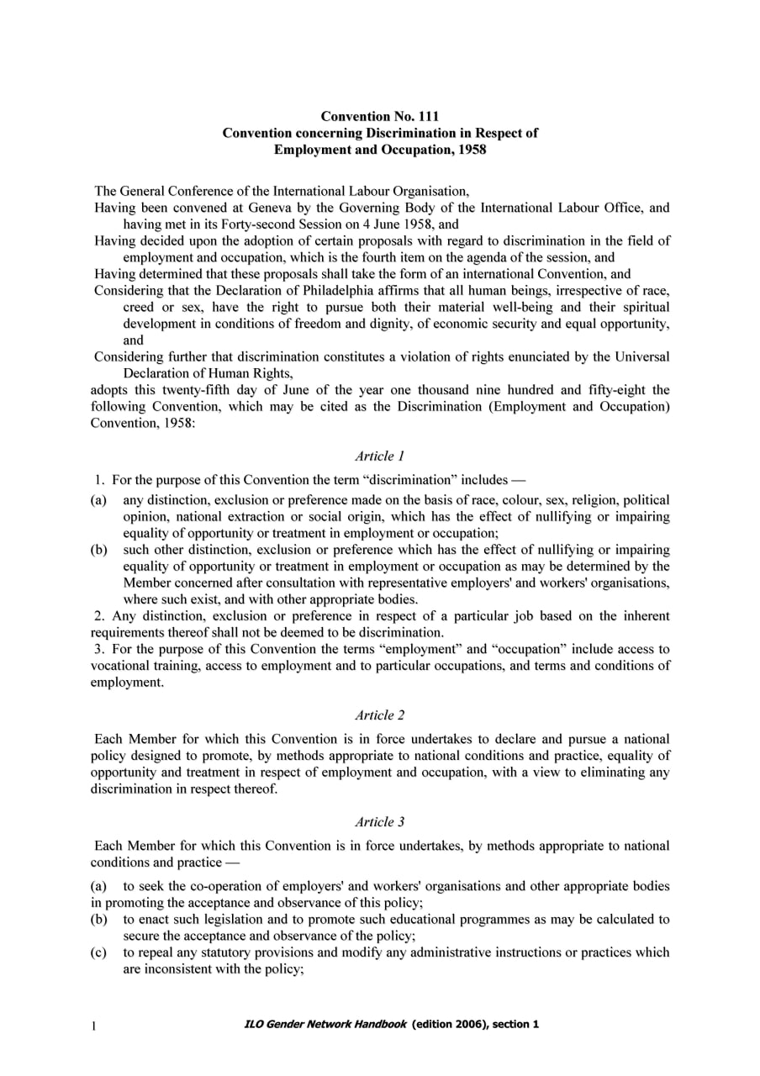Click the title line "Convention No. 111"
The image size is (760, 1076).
pyautogui.click(x=379, y=116)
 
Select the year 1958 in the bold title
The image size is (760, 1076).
pyautogui.click(x=470, y=150)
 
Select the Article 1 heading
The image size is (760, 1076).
pyautogui.click(x=379, y=456)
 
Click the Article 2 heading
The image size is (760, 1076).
pyautogui.click(x=379, y=715)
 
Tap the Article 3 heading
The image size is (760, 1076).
pyautogui.click(x=379, y=822)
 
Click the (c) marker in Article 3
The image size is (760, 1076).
pyautogui.click(x=98, y=952)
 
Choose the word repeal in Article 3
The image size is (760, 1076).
pyautogui.click(x=156, y=952)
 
